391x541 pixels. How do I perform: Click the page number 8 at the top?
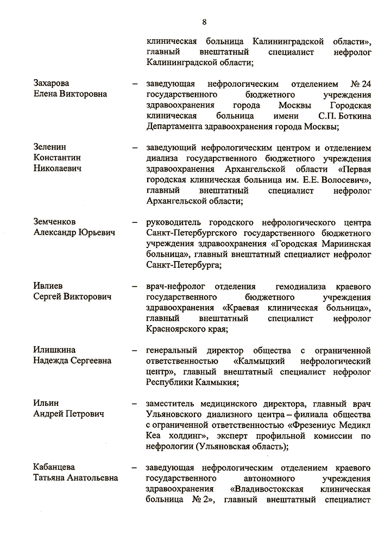(x=204, y=22)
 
